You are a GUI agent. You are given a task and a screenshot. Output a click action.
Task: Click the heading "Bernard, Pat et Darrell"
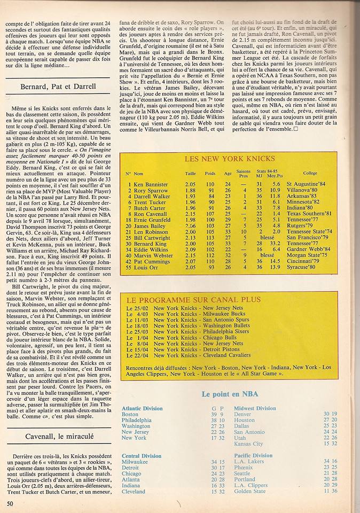click(x=59, y=86)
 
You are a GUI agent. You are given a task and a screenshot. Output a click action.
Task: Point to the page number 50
click(x=10, y=503)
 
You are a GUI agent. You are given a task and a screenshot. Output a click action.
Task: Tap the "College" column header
click(x=309, y=173)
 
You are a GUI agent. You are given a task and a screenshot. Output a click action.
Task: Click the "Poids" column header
click(x=209, y=173)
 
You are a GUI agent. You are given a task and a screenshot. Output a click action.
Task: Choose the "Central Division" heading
click(x=142, y=456)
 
